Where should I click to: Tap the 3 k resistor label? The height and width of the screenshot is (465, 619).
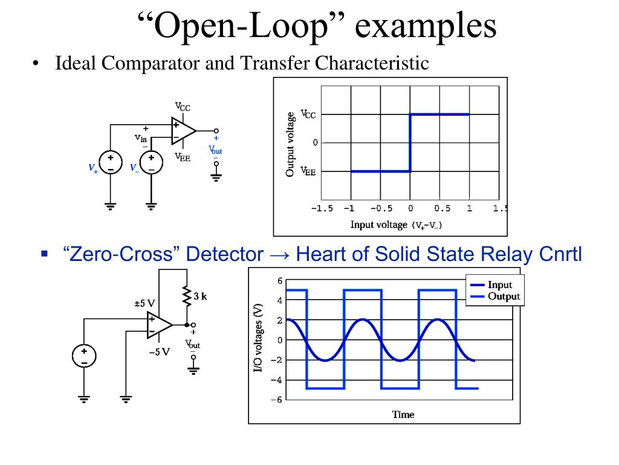(200, 297)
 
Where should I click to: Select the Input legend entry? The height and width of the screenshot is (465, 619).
(499, 285)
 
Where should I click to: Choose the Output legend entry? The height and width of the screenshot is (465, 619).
(503, 297)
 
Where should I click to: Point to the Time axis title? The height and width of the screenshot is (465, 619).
(403, 415)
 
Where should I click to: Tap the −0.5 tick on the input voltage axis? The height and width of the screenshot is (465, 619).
(380, 208)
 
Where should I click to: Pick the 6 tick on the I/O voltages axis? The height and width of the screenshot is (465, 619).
(280, 281)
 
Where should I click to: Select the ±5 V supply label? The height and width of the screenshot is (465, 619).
(145, 303)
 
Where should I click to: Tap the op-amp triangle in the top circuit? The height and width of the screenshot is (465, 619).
(183, 131)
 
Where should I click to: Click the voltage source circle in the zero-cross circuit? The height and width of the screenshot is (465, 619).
(84, 356)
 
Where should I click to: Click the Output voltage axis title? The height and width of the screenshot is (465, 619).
(291, 144)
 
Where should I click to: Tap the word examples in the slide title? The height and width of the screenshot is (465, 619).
(424, 27)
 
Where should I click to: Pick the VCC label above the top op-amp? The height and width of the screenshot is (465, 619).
(183, 107)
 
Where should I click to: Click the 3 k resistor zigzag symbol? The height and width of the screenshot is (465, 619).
(186, 297)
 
